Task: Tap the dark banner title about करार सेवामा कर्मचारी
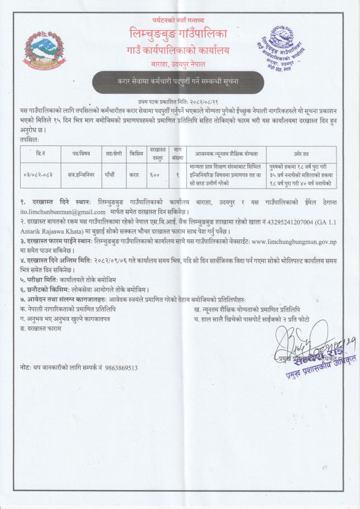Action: coord(179,82)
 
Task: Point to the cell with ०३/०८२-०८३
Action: coord(39,175)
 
